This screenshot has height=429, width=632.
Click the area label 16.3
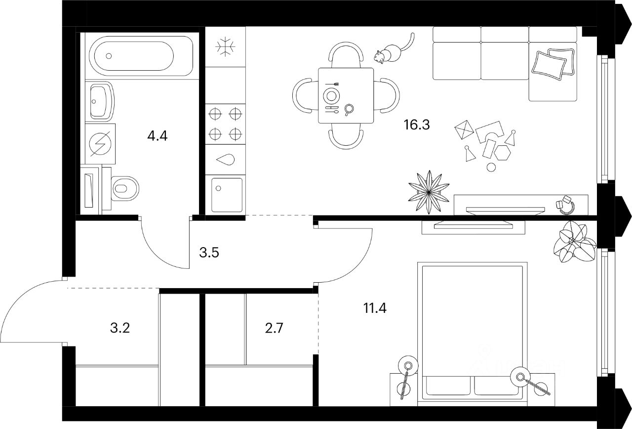click(416, 124)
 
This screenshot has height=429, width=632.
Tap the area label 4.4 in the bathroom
click(158, 136)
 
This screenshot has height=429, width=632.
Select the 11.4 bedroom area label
click(375, 309)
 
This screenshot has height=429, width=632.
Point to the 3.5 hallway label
click(209, 253)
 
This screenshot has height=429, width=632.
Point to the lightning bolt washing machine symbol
click(100, 144)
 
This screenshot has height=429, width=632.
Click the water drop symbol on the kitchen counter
click(226, 159)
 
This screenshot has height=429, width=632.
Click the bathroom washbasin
click(101, 101)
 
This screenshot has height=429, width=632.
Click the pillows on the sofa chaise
click(553, 63)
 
